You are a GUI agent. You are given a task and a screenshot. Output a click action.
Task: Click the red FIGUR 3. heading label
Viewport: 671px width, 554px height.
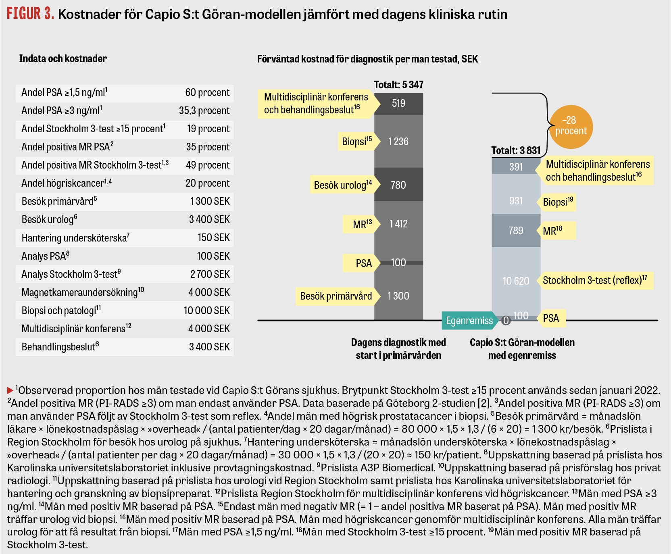click(31, 14)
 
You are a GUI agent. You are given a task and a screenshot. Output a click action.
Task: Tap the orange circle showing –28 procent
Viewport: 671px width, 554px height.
click(571, 127)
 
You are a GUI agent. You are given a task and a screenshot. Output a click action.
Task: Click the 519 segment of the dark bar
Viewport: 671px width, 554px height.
click(398, 104)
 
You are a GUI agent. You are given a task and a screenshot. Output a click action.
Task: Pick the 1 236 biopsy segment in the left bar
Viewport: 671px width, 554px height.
click(398, 142)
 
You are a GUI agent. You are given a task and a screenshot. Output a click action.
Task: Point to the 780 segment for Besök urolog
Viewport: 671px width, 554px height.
click(398, 185)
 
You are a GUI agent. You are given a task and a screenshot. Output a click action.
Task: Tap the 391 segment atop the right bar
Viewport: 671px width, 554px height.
click(516, 166)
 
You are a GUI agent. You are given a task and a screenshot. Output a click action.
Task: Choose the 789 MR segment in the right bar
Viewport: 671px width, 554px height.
click(516, 230)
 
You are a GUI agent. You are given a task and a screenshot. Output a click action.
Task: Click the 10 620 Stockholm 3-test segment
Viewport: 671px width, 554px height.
click(516, 281)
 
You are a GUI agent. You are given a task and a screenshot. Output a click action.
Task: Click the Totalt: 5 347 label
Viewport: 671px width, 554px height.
click(398, 85)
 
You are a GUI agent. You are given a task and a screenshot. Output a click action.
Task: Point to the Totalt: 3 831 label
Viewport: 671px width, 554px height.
click(516, 150)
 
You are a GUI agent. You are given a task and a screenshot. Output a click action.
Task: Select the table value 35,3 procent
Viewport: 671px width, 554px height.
click(204, 110)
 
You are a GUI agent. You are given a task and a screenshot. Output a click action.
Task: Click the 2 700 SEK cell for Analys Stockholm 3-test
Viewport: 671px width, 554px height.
click(210, 274)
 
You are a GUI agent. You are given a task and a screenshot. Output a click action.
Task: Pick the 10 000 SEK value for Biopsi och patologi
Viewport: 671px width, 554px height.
click(206, 310)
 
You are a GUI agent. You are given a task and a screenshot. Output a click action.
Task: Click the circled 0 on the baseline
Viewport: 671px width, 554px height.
click(506, 321)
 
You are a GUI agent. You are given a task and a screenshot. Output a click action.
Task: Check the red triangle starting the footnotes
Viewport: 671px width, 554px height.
click(10, 390)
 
